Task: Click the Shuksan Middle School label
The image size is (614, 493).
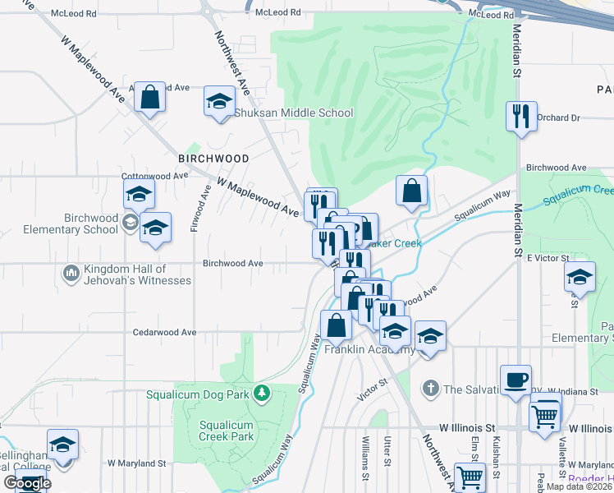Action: (x=294, y=113)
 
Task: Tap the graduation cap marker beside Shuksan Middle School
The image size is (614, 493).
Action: (x=219, y=101)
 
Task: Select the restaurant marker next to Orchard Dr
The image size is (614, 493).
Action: (x=521, y=117)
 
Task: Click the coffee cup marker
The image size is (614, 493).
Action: (x=515, y=380)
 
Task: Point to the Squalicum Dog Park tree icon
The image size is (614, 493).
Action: (x=262, y=394)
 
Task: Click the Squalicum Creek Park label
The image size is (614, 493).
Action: (x=227, y=431)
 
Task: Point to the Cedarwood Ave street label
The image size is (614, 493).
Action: (x=165, y=332)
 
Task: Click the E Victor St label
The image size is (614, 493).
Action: (x=548, y=258)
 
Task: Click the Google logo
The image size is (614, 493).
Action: (x=26, y=483)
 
